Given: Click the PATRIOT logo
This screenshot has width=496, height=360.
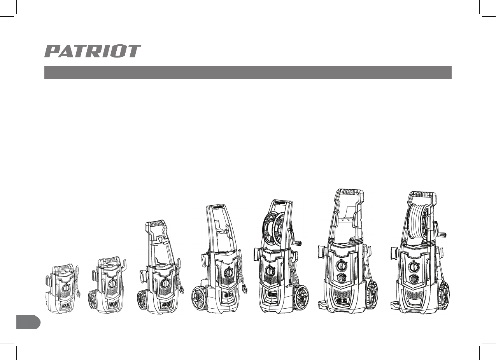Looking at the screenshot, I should [93, 51].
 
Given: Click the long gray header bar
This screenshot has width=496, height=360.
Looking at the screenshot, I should [248, 72].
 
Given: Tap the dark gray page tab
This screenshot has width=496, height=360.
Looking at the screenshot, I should [28, 323].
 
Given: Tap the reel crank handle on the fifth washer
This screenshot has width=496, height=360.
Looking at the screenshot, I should [298, 243].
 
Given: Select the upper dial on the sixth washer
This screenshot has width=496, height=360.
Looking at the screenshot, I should [341, 266].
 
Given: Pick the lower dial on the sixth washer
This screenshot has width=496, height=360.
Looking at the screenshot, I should [342, 278].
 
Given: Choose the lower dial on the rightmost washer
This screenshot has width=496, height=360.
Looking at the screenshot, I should [414, 279].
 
